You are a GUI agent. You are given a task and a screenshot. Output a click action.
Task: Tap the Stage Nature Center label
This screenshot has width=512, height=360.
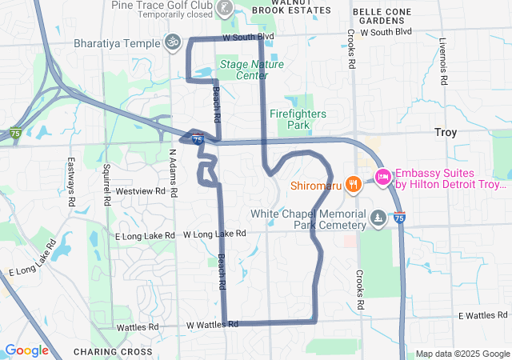[252, 70]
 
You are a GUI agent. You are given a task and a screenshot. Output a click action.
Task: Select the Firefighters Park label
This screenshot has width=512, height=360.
[298, 120]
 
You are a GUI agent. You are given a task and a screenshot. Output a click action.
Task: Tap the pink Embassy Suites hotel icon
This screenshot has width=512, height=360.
[382, 177]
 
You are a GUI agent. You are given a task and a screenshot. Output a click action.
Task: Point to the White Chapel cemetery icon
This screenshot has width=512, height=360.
[378, 218]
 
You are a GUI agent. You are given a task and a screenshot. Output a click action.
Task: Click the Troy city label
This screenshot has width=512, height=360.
[445, 133]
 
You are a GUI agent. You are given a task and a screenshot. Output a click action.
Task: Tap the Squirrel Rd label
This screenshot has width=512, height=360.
[106, 183]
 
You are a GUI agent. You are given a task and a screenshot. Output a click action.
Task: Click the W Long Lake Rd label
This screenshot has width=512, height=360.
[214, 234]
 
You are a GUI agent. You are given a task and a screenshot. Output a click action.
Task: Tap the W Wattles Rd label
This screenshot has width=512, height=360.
[212, 325]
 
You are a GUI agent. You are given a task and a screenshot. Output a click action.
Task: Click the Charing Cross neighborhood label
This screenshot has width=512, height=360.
[112, 351]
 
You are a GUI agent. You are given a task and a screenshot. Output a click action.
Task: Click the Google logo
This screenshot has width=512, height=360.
[26, 350]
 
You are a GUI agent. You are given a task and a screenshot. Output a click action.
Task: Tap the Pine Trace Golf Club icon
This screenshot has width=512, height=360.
[226, 9]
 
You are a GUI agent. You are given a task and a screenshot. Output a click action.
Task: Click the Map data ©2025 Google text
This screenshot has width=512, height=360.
[462, 354]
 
